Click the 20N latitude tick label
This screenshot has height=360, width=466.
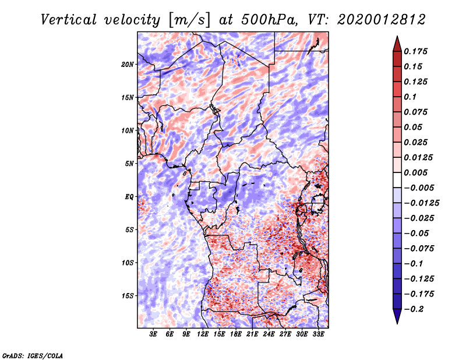pyautogui.click(x=128, y=64)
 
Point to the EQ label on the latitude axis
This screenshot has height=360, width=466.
pyautogui.click(x=129, y=196)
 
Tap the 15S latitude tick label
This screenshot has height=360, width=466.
pyautogui.click(x=128, y=295)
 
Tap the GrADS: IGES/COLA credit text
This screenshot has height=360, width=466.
pyautogui.click(x=32, y=355)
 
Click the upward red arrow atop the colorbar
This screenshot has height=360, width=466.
pyautogui.click(x=397, y=43)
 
